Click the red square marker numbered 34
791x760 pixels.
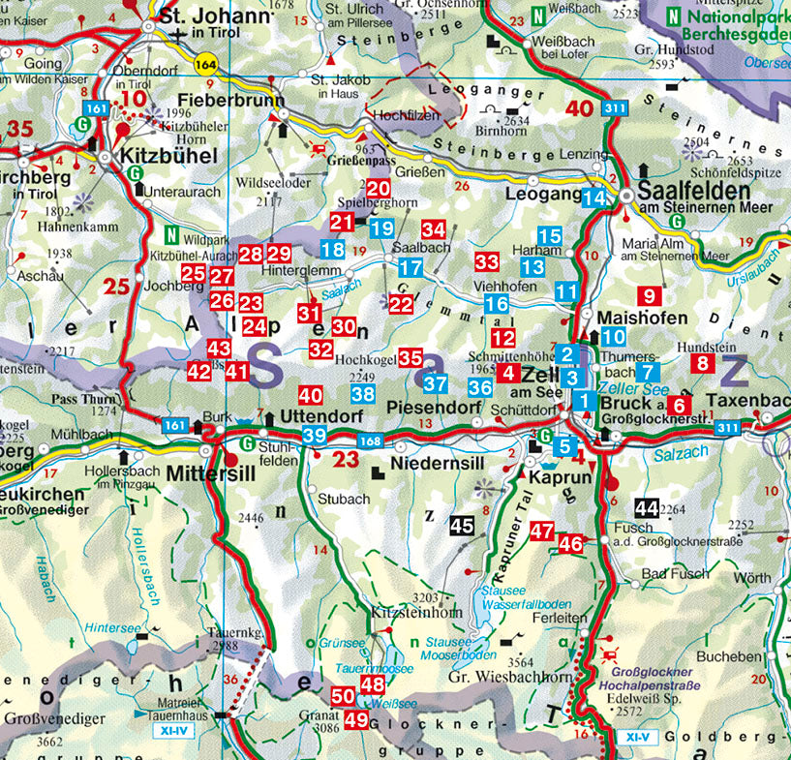tap(434, 230)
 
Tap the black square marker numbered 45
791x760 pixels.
tap(462, 525)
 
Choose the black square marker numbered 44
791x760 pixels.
tap(647, 507)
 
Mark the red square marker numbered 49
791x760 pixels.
tap(356, 719)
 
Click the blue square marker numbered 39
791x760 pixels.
tap(314, 437)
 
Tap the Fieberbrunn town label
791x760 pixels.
tap(231, 101)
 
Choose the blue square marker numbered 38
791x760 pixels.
tap(363, 394)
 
